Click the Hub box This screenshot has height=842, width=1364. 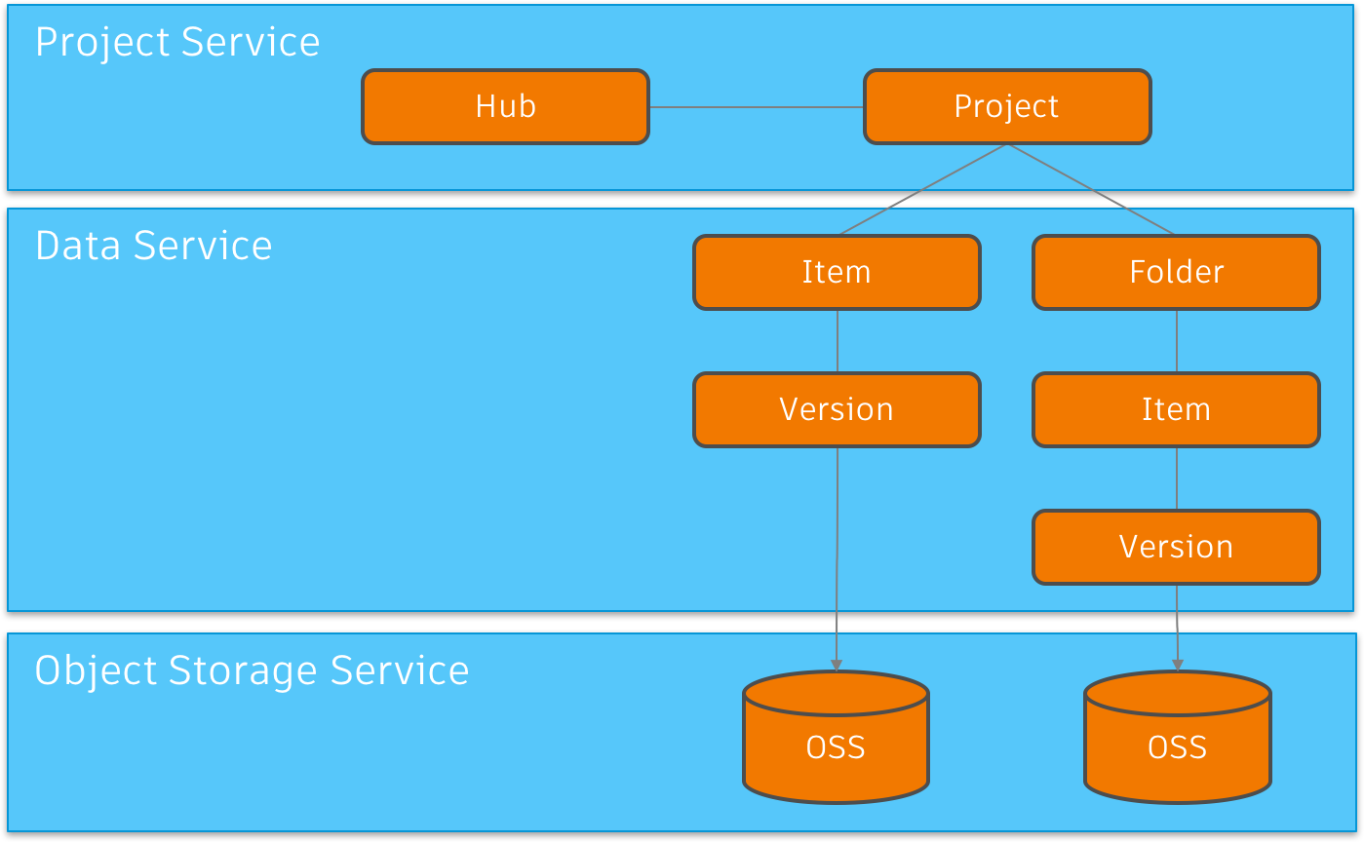pos(505,107)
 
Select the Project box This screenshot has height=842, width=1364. pos(1007,107)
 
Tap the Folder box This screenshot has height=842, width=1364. pos(1176,272)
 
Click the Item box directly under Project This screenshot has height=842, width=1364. pos(837,272)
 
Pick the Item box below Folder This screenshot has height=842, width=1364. pos(1176,409)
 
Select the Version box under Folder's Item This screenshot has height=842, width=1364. pos(1176,547)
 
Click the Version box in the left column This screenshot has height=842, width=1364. pos(837,409)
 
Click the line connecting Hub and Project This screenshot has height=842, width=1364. pos(757,107)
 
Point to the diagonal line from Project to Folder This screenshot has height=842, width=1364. pos(1090,189)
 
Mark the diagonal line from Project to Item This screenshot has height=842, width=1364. pos(923,189)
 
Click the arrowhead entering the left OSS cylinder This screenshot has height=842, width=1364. pos(836,665)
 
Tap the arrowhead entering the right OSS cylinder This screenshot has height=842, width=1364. pos(1177,665)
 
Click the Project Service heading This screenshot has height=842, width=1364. pos(177,43)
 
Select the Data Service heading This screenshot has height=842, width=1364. pos(153,246)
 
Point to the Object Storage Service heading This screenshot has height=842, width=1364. pos(252,671)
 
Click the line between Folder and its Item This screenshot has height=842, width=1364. pos(1176,341)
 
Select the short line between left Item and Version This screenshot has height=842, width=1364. pos(837,341)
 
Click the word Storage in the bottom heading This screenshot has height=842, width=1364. pos(244,671)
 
